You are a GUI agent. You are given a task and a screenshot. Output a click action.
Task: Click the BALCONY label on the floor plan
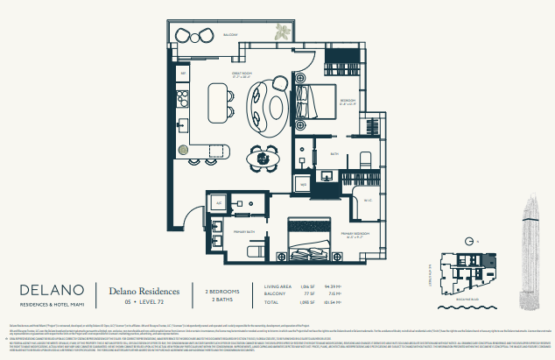pyautogui.click(x=230, y=35)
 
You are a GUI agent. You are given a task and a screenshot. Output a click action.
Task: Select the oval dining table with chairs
pyautogui.click(x=262, y=159)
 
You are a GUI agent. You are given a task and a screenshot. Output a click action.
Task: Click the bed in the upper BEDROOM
pyautogui.click(x=313, y=102)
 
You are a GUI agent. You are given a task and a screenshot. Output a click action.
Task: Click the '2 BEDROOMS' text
pyautogui.click(x=224, y=290)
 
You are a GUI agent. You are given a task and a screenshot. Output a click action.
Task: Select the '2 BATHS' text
pyautogui.click(x=224, y=299)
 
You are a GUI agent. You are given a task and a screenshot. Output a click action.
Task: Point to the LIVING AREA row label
pyautogui.click(x=290, y=286)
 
